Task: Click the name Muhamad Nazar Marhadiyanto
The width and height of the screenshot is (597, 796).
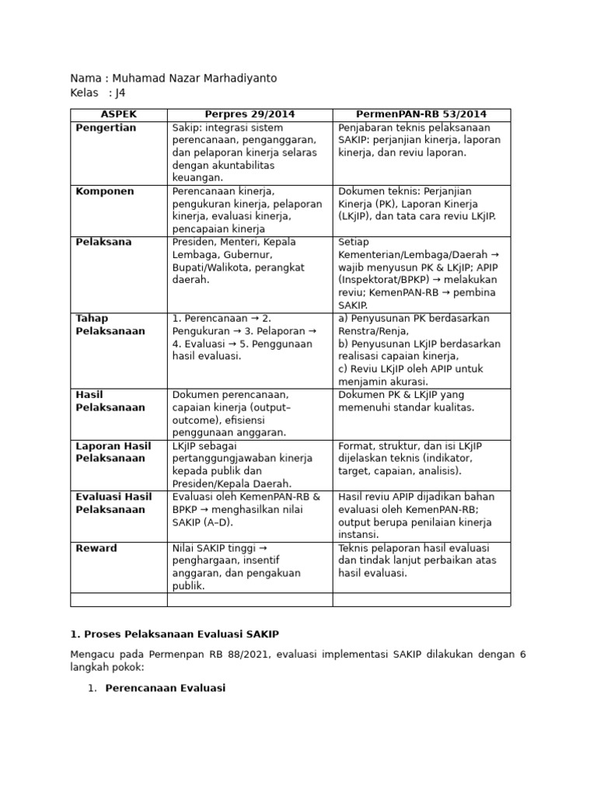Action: click(x=194, y=79)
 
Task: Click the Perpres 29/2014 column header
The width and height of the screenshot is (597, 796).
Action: click(x=250, y=115)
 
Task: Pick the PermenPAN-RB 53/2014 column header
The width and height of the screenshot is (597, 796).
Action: click(x=421, y=115)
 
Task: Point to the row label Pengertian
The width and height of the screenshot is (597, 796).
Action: click(x=106, y=127)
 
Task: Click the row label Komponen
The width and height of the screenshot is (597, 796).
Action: click(x=105, y=191)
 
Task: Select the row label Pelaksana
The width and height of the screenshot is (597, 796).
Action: click(x=102, y=242)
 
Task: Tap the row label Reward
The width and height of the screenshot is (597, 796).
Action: click(x=96, y=548)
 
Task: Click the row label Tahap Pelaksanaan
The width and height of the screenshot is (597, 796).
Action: click(x=110, y=325)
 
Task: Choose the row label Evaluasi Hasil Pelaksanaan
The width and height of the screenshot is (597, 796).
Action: click(x=113, y=503)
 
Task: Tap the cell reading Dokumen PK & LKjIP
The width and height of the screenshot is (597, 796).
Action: click(x=407, y=401)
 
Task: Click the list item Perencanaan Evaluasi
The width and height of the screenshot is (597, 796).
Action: click(x=166, y=688)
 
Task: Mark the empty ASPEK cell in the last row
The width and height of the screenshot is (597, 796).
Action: click(x=119, y=599)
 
